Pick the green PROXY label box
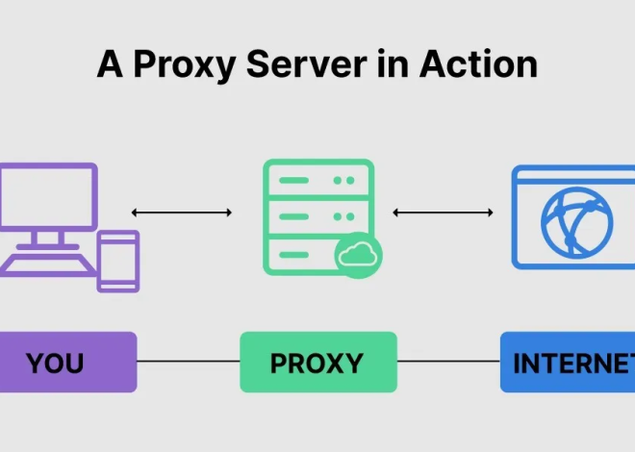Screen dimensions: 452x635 click(317, 363)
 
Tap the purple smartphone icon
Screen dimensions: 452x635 click(118, 260)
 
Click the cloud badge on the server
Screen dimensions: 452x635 click(358, 254)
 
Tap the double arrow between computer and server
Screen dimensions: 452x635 click(182, 213)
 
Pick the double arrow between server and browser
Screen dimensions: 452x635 click(444, 213)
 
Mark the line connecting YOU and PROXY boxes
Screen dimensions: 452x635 click(188, 363)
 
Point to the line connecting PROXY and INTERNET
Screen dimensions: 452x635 click(447, 363)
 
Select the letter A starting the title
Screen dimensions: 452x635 click(109, 64)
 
